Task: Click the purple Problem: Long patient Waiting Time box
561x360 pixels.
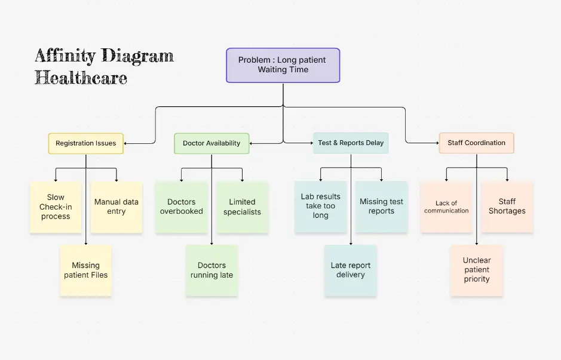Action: pos(283,65)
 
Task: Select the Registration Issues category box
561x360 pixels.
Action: pos(85,143)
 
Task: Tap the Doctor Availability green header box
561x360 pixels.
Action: pos(211,143)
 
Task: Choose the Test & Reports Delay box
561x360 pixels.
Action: pos(351,143)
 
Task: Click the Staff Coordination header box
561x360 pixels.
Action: pos(476,143)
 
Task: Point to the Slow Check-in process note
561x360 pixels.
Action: pos(56,207)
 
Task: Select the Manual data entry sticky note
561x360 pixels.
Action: pos(117,207)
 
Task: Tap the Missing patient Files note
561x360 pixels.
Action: pos(86,270)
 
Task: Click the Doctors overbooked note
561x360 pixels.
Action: pos(181,207)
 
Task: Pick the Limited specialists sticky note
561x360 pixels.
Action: pos(242,207)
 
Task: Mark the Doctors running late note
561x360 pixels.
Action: pos(211,270)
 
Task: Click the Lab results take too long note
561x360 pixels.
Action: pos(321,207)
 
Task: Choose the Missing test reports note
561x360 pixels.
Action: pos(381,207)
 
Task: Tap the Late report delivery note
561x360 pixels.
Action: pos(351,270)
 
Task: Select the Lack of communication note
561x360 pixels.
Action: pos(446,207)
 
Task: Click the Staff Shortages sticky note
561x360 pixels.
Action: pos(507,207)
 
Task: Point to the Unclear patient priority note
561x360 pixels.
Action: pos(477,270)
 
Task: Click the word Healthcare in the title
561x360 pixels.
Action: pos(81,78)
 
